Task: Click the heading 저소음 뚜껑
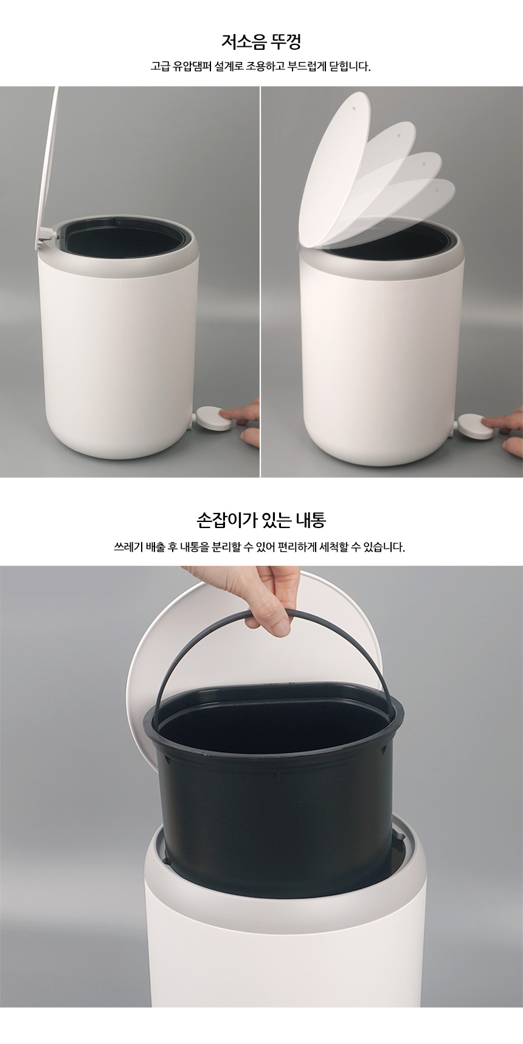click(x=261, y=42)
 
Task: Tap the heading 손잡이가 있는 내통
click(x=261, y=520)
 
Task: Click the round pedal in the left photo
click(x=212, y=420)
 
